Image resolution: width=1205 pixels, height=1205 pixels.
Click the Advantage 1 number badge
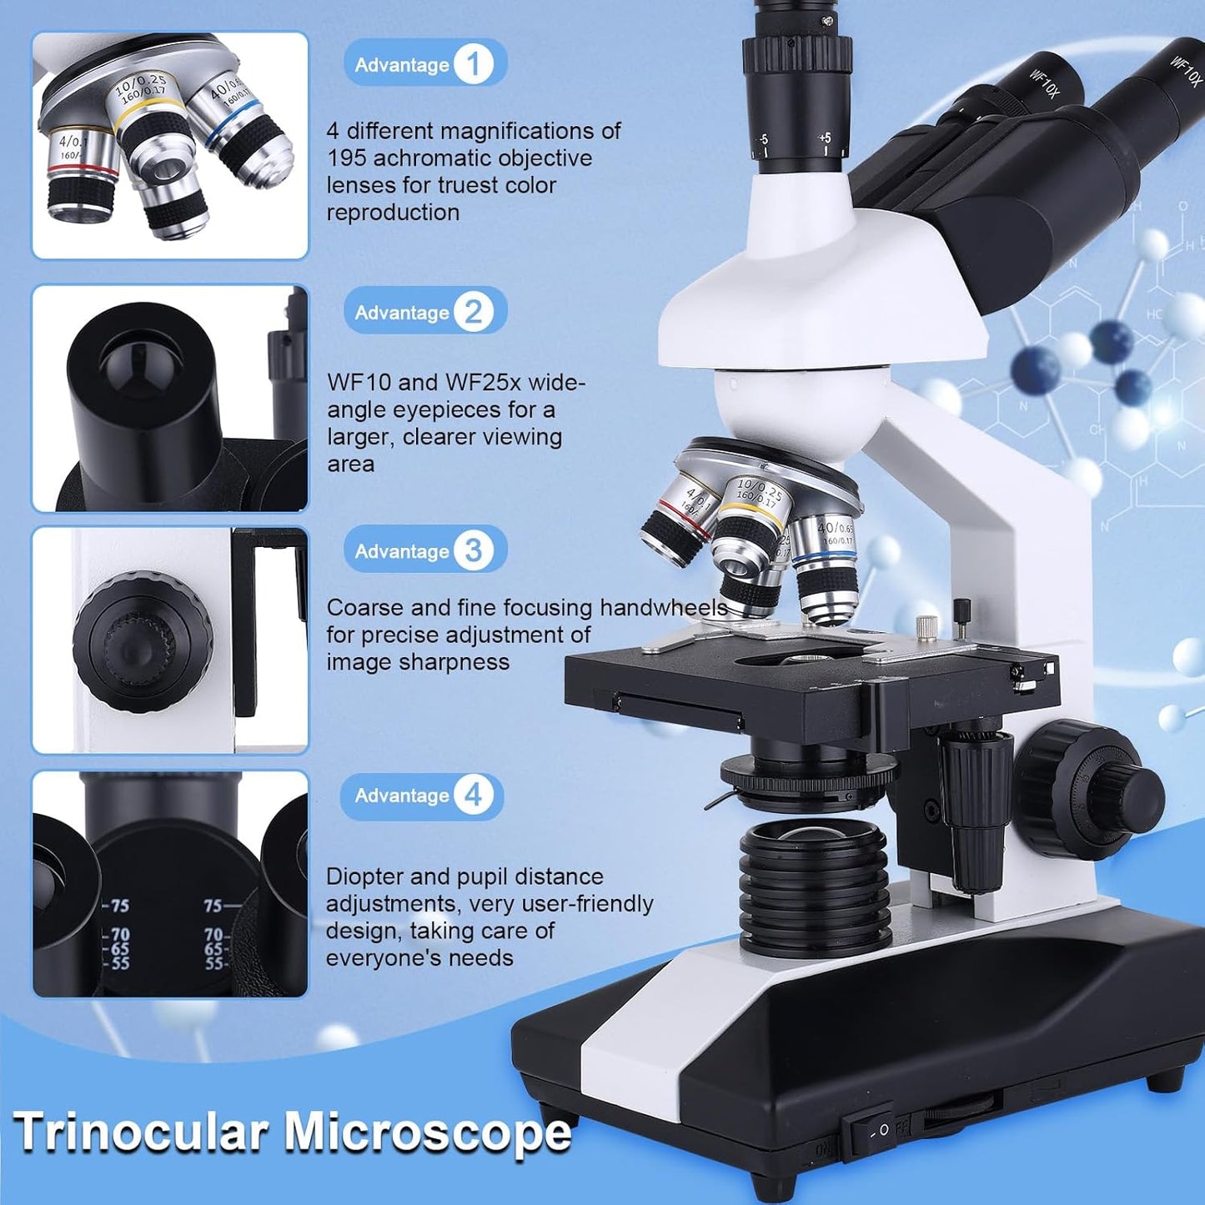click(473, 64)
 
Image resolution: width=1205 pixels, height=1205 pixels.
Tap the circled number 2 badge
click(473, 312)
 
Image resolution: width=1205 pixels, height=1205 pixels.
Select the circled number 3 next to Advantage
click(473, 550)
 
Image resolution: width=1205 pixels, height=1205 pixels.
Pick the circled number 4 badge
click(473, 795)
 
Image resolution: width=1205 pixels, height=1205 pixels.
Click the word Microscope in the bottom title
click(427, 1132)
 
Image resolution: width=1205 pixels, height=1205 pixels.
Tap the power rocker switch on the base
click(867, 1132)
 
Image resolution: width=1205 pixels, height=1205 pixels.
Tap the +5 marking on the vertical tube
click(824, 138)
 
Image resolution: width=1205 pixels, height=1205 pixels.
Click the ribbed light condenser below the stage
click(813, 876)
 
